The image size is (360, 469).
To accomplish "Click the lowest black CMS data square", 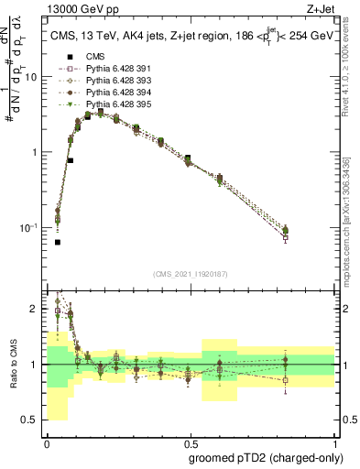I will tap(58, 242).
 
